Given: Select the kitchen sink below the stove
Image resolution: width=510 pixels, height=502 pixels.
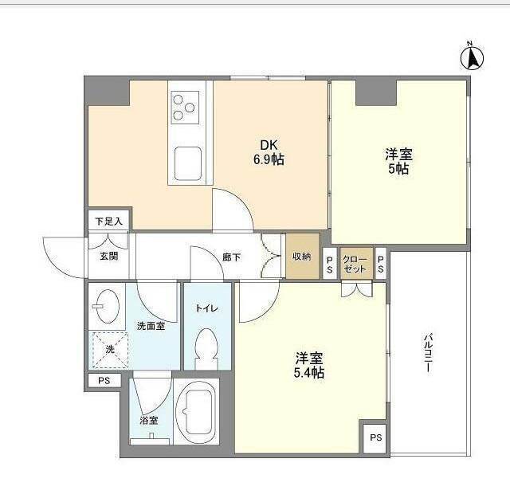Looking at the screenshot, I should point(189,164).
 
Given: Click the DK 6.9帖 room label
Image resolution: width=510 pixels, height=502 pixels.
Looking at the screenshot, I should point(268,152).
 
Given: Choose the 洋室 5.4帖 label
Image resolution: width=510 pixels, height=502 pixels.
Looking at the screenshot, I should point(309,364).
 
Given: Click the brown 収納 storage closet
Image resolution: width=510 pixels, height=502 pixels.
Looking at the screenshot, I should point(302,256).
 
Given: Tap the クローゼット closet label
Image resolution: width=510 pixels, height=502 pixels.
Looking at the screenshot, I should point(355,264).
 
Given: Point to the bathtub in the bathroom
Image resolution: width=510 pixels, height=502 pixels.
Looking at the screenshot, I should point(195,411).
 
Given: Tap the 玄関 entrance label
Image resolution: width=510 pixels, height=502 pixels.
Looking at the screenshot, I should point(108,256).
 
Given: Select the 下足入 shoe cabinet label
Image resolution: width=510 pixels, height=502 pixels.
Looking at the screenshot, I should point(108,221).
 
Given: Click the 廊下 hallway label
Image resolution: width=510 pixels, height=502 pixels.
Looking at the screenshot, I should point(231,257).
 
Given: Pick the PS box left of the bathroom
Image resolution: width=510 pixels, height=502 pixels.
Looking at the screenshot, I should point(104,381).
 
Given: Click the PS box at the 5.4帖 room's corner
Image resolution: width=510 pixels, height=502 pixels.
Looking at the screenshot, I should point(375,437).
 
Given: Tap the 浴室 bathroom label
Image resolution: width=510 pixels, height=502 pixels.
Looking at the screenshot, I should point(149,420).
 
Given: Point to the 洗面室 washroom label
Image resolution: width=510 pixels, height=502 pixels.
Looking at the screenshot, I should point(151,325).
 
